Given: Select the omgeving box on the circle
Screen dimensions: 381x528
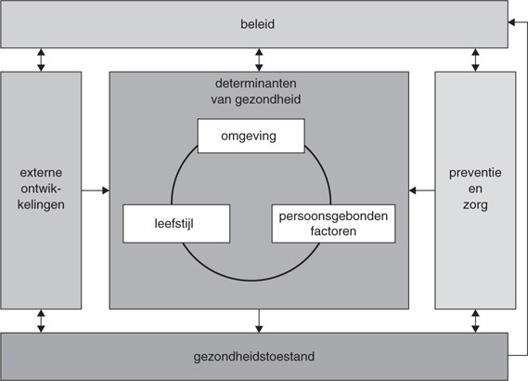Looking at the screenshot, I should click(x=251, y=137).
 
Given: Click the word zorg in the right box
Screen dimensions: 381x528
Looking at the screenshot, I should click(x=475, y=205).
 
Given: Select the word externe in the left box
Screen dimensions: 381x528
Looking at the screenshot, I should click(x=40, y=172).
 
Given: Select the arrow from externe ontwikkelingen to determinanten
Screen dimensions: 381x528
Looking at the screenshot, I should click(x=96, y=190).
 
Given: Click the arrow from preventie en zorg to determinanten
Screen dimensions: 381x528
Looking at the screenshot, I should click(x=422, y=190).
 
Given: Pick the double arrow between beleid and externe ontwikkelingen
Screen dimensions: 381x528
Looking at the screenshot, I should click(x=40, y=60).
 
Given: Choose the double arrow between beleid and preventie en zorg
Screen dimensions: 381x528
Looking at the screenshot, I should click(x=475, y=60).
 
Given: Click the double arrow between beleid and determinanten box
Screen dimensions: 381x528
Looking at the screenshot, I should click(x=259, y=60).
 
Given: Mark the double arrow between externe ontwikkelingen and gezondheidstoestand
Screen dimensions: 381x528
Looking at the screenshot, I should click(x=40, y=321).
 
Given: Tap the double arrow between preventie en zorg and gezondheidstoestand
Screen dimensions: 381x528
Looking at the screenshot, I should click(x=475, y=321).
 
